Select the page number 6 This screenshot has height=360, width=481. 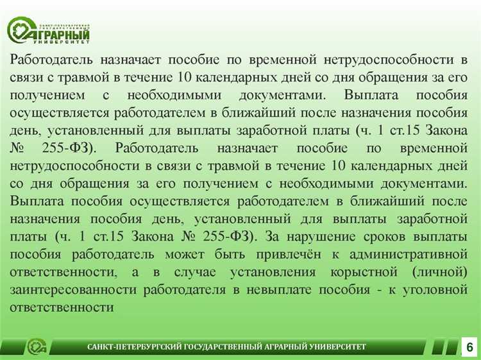[469, 347]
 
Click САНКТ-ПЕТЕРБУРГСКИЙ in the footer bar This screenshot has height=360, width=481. [135, 348]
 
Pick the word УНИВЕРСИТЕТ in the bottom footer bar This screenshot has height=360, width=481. [336, 348]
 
